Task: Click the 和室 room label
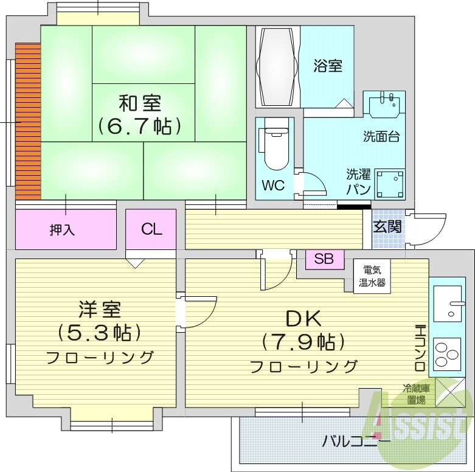pos(140,102)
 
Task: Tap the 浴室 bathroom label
pos(327,65)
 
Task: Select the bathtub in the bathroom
pos(277,67)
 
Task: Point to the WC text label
pos(273,186)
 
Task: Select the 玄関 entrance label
pos(387,227)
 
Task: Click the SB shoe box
pos(324,259)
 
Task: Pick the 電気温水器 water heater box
pos(370,277)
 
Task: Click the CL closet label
pos(151,229)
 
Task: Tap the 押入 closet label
pos(62,230)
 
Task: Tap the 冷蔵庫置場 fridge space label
pos(417,394)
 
